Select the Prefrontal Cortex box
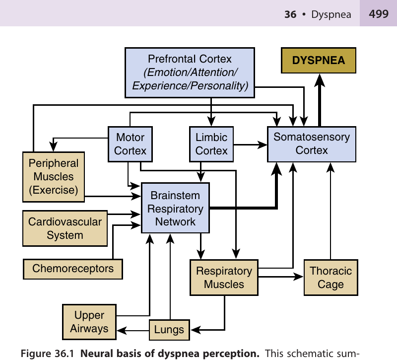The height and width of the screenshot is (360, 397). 190,72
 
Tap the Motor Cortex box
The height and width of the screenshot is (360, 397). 130,144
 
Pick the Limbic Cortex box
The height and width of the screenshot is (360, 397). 211,144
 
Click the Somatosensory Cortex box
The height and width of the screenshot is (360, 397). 312,144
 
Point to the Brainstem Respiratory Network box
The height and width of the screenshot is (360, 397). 175,208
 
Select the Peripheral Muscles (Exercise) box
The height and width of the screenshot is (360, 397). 54,177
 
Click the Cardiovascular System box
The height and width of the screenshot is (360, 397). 65,228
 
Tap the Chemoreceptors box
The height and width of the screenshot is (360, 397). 73,269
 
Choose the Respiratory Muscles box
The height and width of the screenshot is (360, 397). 224,278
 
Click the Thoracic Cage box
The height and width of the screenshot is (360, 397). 331,278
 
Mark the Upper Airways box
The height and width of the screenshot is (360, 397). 89,321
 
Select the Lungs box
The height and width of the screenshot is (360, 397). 169,329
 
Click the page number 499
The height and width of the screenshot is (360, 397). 379,14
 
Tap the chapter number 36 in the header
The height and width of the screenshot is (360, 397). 290,14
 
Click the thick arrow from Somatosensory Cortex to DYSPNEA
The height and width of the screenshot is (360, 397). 320,99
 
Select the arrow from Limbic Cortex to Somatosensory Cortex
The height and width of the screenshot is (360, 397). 250,145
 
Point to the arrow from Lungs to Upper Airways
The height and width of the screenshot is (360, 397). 132,329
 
